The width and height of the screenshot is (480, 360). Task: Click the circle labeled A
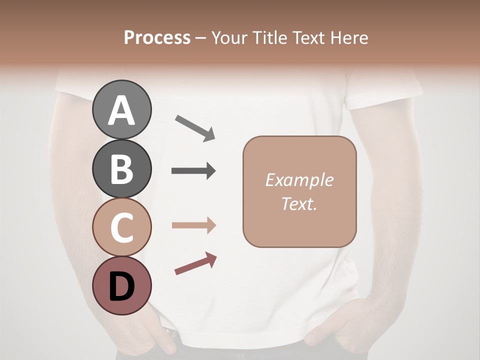[121, 109]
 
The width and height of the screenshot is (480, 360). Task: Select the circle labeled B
[121, 168]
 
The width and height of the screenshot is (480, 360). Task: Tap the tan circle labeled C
[121, 227]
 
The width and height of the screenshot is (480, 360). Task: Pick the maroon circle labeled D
[121, 286]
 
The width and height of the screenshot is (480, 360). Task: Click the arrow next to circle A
[195, 128]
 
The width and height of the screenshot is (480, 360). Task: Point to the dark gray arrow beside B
[193, 171]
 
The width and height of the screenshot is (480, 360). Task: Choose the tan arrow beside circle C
[193, 225]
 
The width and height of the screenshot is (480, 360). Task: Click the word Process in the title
[157, 38]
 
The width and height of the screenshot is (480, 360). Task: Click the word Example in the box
[299, 180]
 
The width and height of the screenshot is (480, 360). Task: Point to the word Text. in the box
[299, 203]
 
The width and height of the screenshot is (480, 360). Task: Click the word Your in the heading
[228, 38]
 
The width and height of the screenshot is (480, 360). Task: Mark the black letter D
[121, 287]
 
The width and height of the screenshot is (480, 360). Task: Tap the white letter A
[121, 110]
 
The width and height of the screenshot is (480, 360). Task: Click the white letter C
[121, 228]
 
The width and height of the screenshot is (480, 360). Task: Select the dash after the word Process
[200, 38]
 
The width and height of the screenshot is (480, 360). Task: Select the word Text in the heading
[307, 38]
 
